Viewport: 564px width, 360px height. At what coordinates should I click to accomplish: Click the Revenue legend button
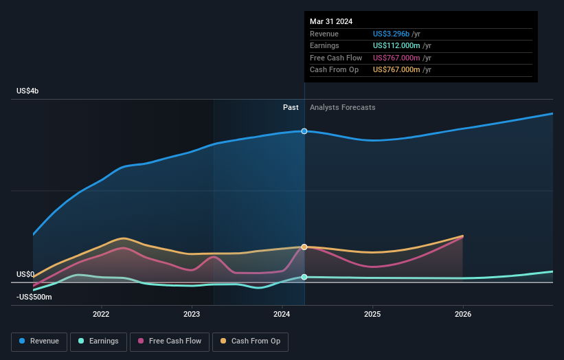coord(39,341)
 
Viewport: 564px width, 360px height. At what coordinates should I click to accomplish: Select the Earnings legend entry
coord(98,341)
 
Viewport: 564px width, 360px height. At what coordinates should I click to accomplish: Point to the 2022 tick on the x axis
coord(101,315)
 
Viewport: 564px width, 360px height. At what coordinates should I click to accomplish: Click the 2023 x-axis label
coord(192,315)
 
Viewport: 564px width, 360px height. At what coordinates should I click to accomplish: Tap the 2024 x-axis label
coord(282,315)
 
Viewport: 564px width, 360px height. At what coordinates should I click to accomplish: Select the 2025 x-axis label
coord(372,315)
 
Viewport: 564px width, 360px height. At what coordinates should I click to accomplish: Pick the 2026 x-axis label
coord(463,315)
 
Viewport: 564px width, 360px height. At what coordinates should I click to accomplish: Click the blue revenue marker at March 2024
coord(304,131)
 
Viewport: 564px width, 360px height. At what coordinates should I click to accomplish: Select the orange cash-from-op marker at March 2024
coord(304,247)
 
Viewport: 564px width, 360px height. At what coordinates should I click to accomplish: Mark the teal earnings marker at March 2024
coord(304,277)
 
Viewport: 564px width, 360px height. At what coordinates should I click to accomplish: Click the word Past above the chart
coord(291,107)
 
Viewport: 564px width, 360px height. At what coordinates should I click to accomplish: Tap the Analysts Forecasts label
coord(342,107)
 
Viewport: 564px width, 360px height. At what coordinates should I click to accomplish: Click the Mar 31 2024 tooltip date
coord(331,21)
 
